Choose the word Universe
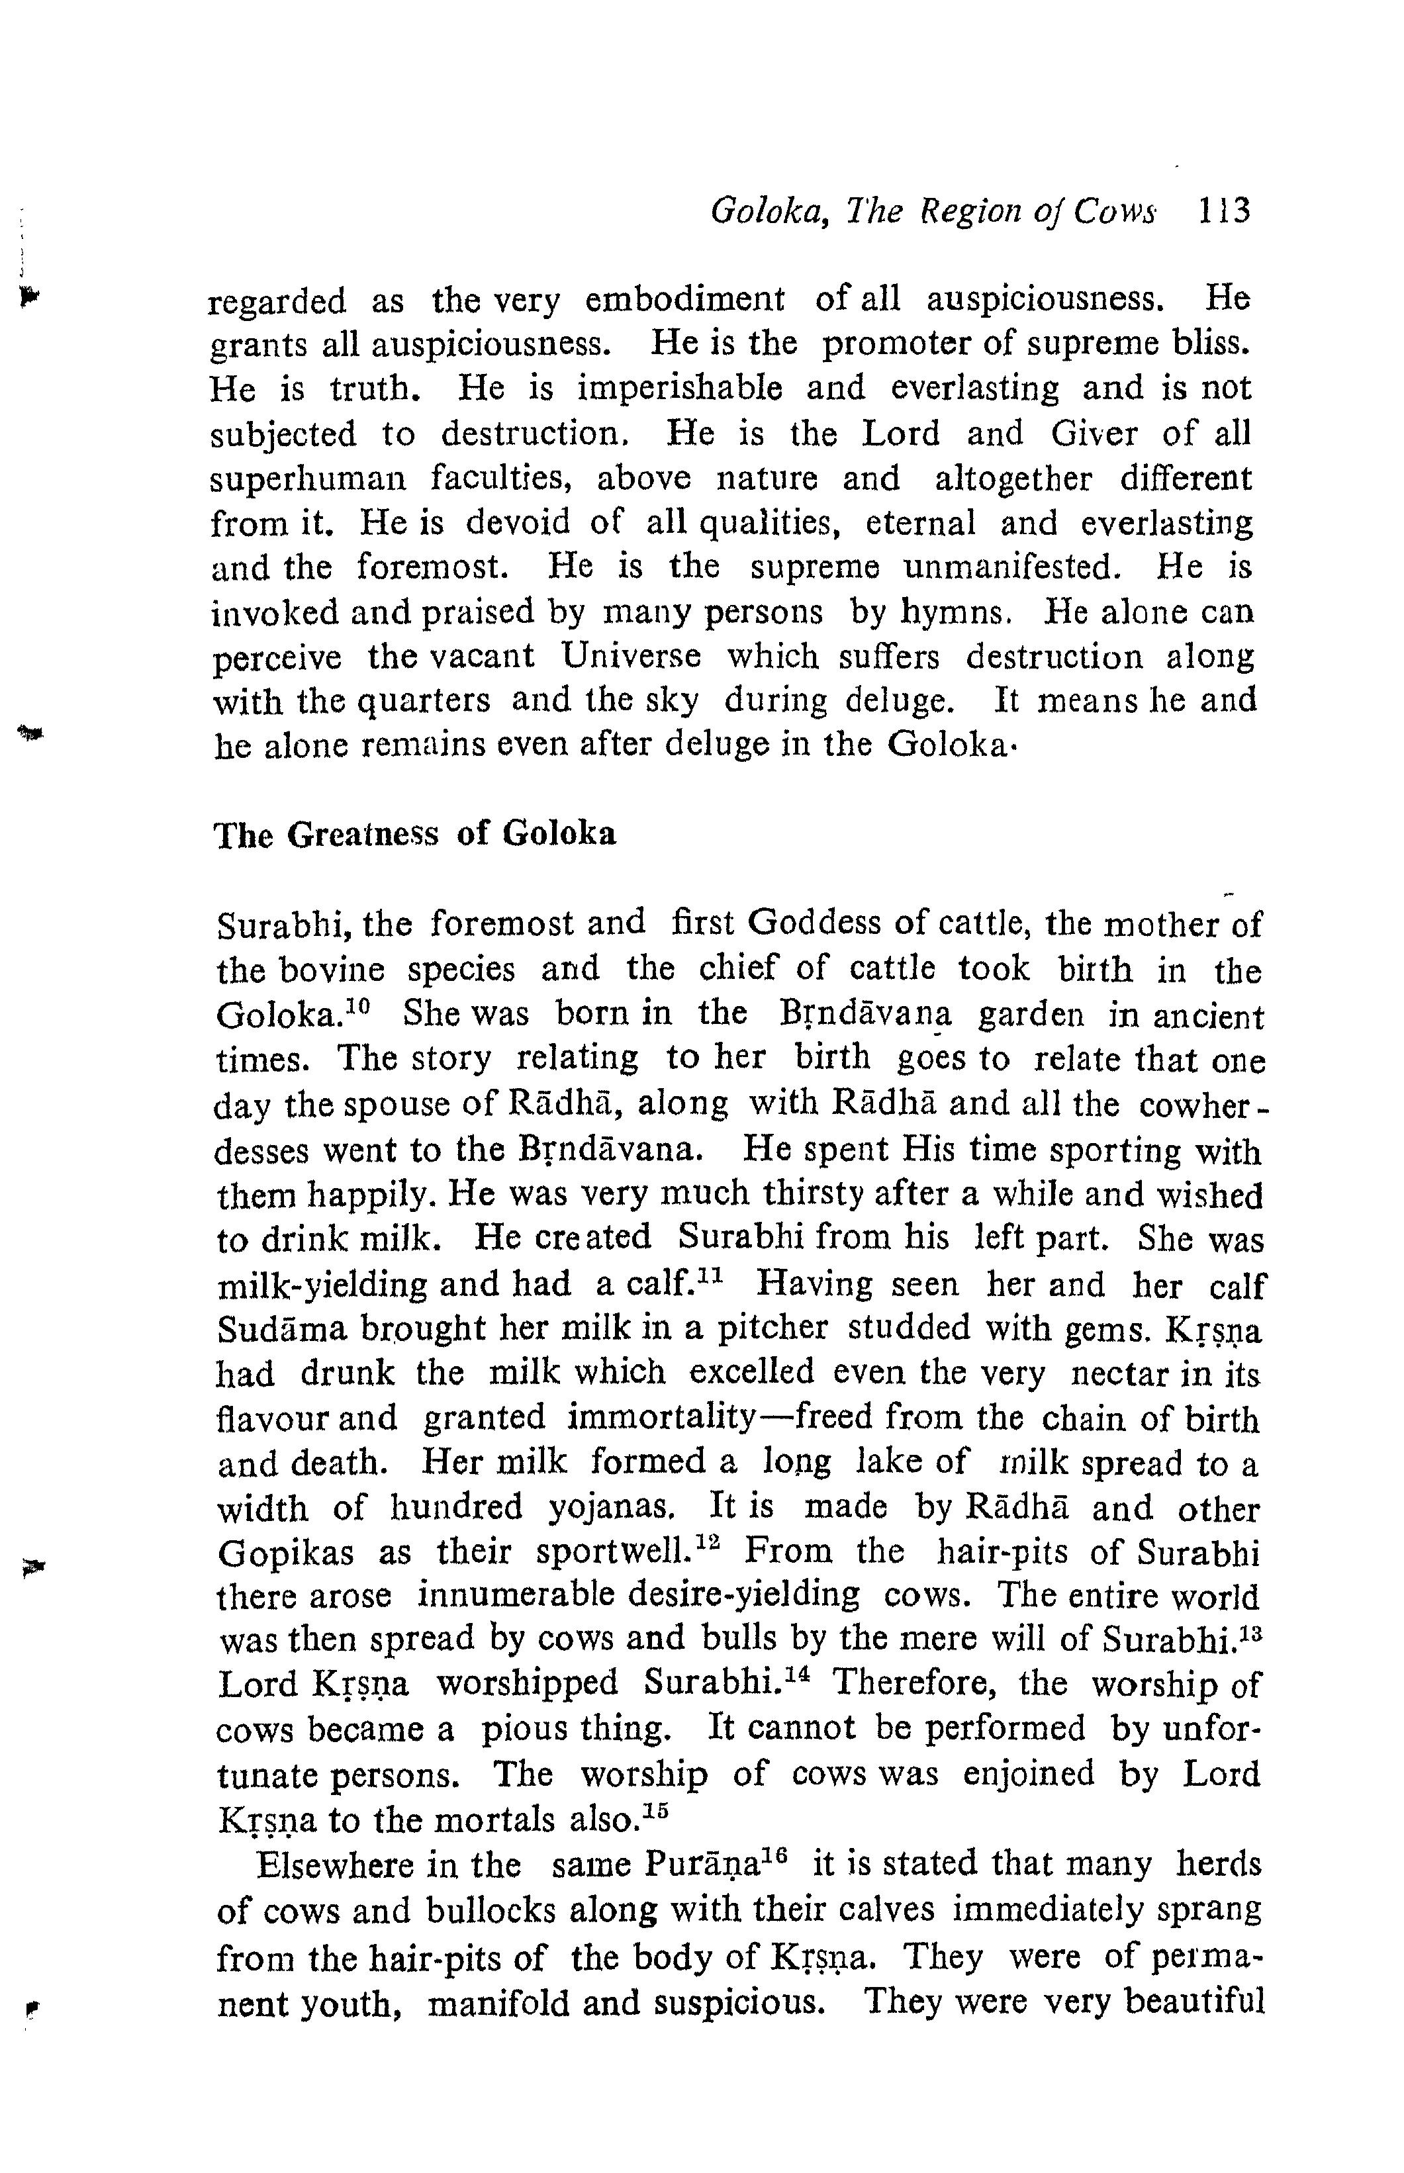click(630, 657)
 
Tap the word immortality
click(662, 1419)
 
